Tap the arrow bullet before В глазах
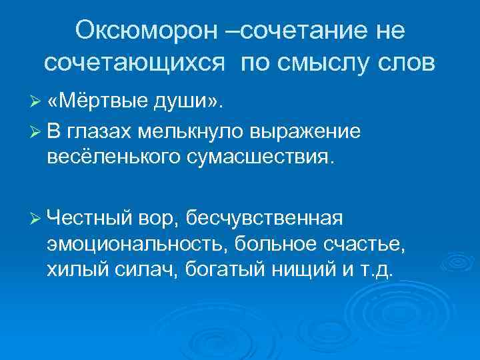[37, 132]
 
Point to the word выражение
[304, 132]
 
